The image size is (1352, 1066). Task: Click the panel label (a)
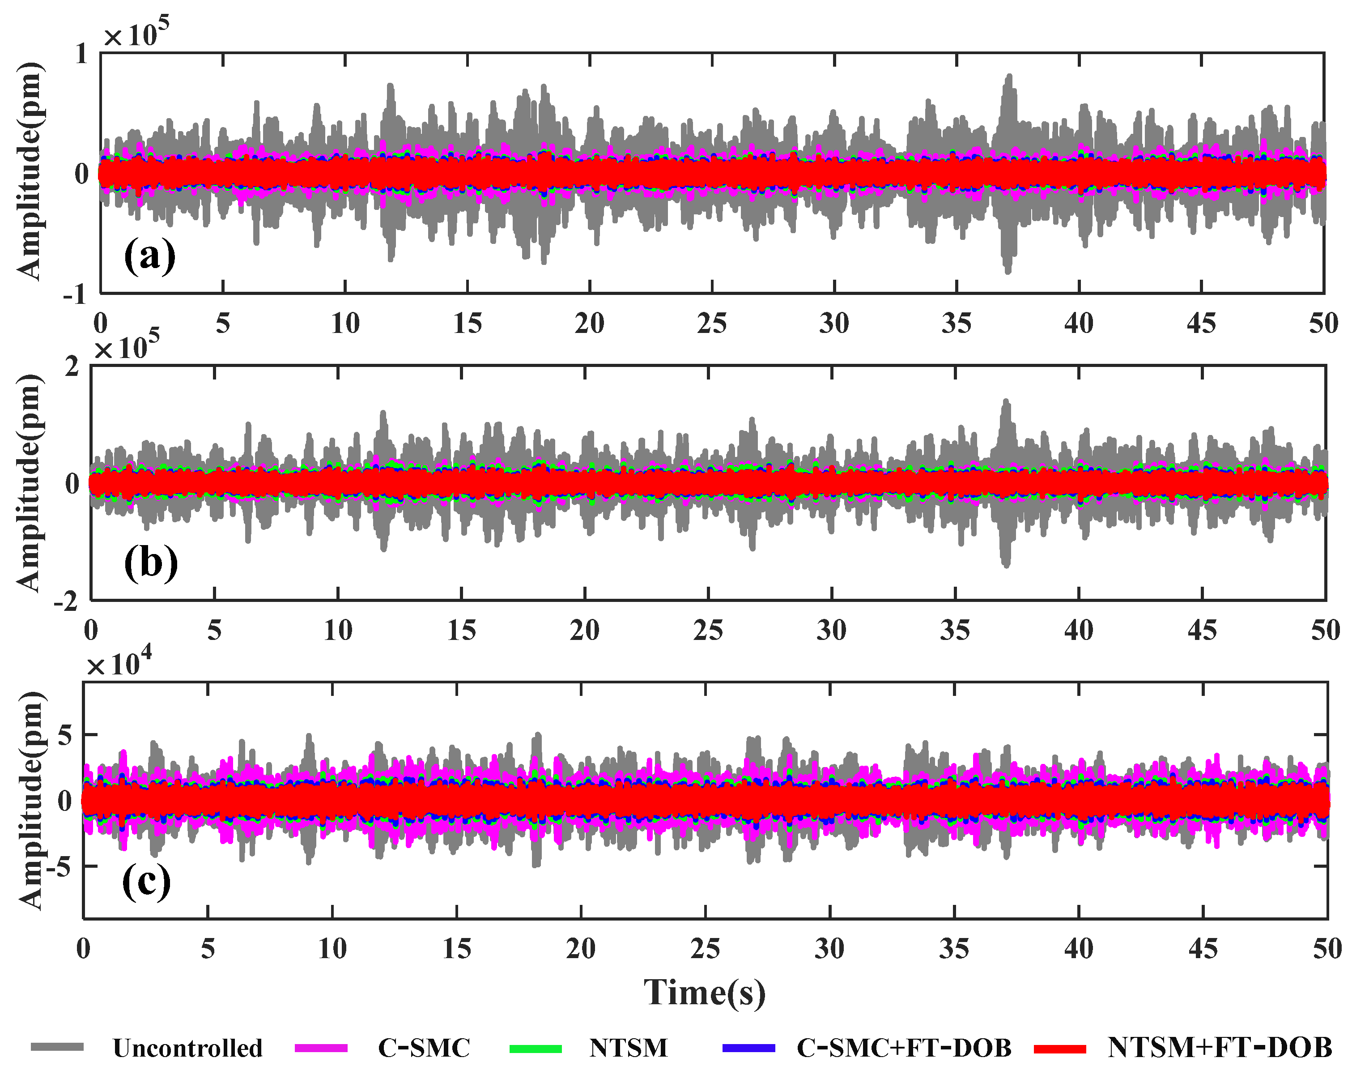coord(150,255)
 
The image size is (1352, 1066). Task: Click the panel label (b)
coord(151,563)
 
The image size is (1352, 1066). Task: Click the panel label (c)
coord(147,881)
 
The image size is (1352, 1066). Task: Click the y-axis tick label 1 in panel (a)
coord(81,54)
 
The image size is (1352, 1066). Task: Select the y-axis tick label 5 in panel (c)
coord(64,735)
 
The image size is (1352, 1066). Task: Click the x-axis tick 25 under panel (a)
coord(712,323)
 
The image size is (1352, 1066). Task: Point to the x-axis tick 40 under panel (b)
coord(1078,631)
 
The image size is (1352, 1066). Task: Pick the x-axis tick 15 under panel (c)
coord(457,949)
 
